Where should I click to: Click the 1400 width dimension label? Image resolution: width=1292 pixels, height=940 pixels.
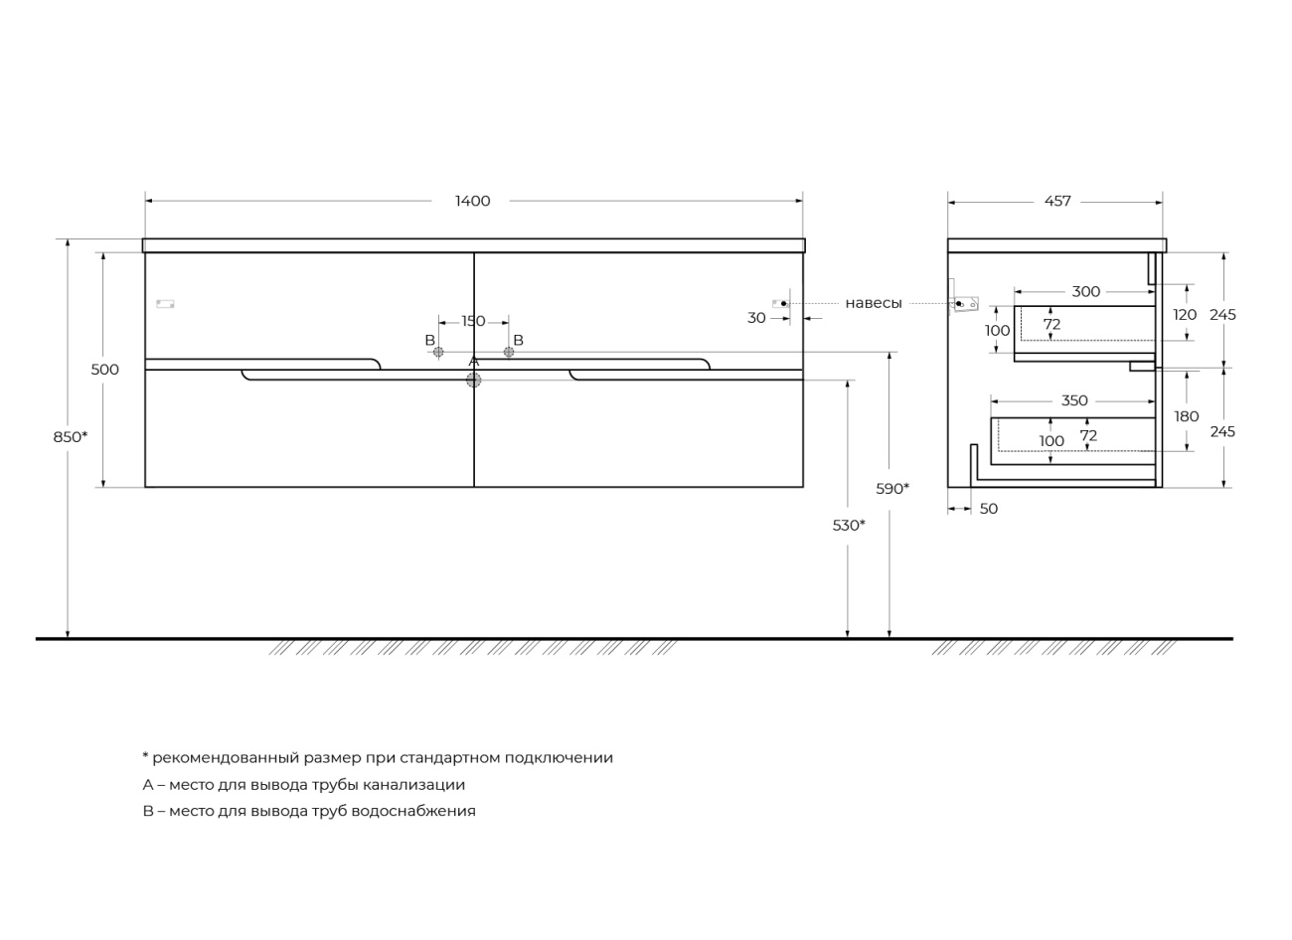(x=472, y=201)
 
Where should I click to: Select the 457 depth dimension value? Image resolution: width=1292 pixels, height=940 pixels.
(x=1057, y=201)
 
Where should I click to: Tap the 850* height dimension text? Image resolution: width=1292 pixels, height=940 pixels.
(x=71, y=437)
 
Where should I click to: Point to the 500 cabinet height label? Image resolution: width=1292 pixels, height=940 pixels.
(x=105, y=369)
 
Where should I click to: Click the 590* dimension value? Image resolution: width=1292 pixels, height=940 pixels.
(x=892, y=489)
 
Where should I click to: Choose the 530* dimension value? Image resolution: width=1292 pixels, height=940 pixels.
(x=849, y=525)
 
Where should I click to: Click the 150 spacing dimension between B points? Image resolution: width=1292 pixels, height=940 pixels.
(x=473, y=321)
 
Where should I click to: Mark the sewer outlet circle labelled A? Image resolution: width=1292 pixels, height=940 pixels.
(x=473, y=380)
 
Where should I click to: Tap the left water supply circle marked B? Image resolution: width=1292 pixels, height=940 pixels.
(x=438, y=352)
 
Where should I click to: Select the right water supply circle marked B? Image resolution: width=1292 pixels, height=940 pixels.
(x=509, y=352)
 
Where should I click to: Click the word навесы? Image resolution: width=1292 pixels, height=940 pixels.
(x=874, y=303)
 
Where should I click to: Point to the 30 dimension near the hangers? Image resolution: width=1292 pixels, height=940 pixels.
(x=756, y=318)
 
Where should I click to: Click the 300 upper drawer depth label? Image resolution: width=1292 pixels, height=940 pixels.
(x=1086, y=292)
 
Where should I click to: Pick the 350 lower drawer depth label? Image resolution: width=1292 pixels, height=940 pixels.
(x=1074, y=400)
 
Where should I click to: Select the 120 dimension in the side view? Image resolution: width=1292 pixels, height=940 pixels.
(x=1185, y=315)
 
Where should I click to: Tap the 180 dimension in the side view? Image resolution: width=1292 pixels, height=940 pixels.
(x=1187, y=416)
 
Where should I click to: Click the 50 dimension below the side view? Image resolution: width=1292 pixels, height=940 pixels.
(x=989, y=509)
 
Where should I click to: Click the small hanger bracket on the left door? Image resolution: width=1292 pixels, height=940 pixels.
(x=166, y=304)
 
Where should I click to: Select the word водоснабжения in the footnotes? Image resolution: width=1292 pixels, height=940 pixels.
(x=413, y=812)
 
